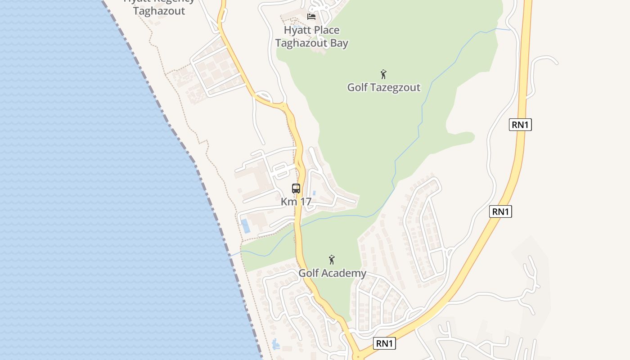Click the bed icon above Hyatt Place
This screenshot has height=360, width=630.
tap(311, 17)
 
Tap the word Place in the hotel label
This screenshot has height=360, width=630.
tap(323, 30)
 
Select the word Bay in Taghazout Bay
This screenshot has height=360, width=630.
tap(338, 43)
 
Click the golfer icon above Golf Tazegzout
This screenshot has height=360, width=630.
tap(383, 74)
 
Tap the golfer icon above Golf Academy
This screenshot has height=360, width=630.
tap(332, 260)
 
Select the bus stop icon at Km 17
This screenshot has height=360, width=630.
tap(296, 189)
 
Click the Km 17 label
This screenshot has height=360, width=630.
tap(296, 202)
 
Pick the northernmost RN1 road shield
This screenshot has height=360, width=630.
tap(520, 125)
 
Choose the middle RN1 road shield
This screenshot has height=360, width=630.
tap(500, 211)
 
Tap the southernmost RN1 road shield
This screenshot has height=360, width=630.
tap(384, 343)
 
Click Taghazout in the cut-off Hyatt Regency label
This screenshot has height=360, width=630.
tap(159, 11)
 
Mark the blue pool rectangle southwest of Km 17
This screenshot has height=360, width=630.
tap(246, 226)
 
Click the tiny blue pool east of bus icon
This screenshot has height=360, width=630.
tap(314, 193)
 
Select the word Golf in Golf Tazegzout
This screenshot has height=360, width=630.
tap(357, 87)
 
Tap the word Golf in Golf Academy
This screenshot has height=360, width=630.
tap(309, 273)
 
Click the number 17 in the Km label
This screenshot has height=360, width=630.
tap(305, 202)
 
